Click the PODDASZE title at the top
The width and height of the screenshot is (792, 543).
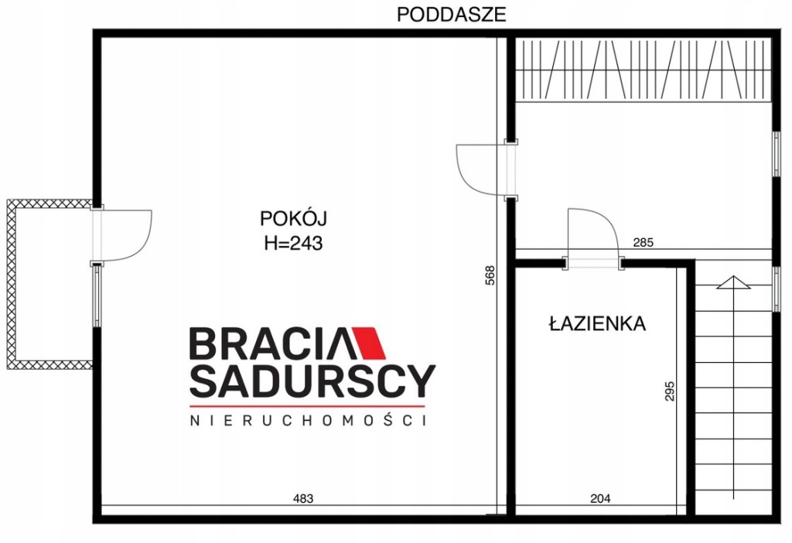pyautogui.click(x=451, y=15)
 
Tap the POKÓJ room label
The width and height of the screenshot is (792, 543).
pyautogui.click(x=293, y=219)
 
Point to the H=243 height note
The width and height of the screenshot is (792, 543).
pyautogui.click(x=293, y=244)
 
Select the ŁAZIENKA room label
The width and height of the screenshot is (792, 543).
pyautogui.click(x=597, y=323)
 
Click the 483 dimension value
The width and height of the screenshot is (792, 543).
pyautogui.click(x=303, y=499)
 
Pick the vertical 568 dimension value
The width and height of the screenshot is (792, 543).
pyautogui.click(x=490, y=275)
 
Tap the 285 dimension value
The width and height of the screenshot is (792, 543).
pyautogui.click(x=643, y=242)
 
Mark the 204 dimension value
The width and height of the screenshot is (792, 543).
pyautogui.click(x=600, y=499)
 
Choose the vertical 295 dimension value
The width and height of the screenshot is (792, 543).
pyautogui.click(x=669, y=391)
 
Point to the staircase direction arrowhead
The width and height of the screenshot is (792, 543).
pyautogui.click(x=733, y=282)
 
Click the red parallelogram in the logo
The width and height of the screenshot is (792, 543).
pyautogui.click(x=369, y=343)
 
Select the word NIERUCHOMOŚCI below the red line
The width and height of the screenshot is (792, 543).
pyautogui.click(x=308, y=420)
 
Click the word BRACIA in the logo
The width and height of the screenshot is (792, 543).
pyautogui.click(x=270, y=343)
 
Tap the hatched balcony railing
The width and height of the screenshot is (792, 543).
pyautogui.click(x=11, y=284)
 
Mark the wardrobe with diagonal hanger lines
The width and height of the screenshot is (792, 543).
pyautogui.click(x=643, y=69)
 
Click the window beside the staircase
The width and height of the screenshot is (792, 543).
pyautogui.click(x=777, y=289)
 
